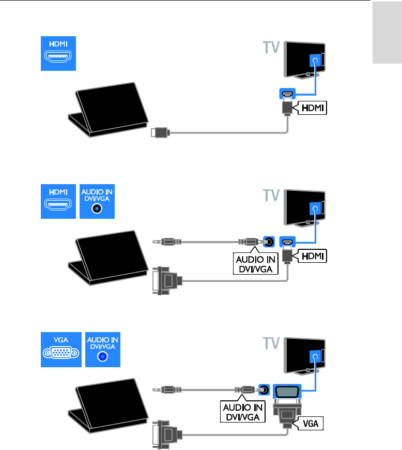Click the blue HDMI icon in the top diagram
pos(59,53)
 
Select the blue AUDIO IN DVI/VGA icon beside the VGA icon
pos(102,351)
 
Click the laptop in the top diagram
pos(107,109)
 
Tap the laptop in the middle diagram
pos(107,260)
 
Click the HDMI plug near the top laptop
pos(160,133)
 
